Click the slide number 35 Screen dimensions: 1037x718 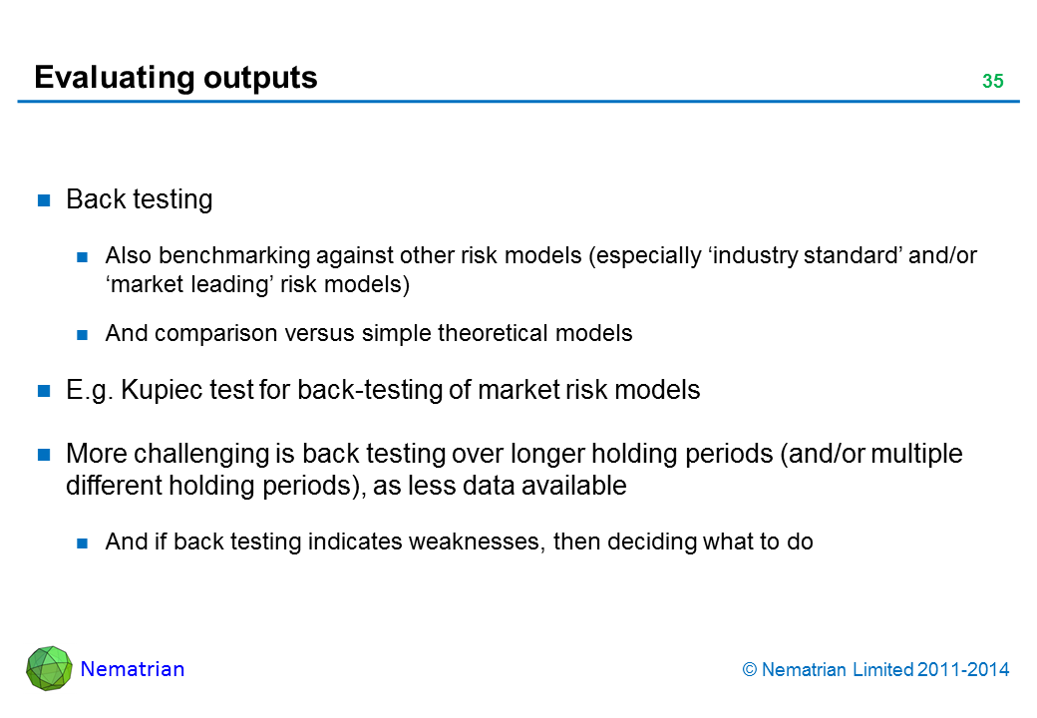[x=993, y=81]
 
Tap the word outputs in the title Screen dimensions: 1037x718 [x=260, y=78]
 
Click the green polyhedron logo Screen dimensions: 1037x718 [x=49, y=668]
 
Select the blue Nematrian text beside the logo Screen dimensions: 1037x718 [x=133, y=669]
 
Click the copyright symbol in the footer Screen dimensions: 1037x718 [x=749, y=670]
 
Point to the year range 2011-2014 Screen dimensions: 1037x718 [x=963, y=670]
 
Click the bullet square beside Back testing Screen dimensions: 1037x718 [x=44, y=200]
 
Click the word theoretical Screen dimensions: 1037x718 [x=494, y=333]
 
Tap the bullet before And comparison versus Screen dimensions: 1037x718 [x=82, y=334]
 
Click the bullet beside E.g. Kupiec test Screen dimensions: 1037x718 [x=44, y=391]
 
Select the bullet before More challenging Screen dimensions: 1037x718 [x=44, y=454]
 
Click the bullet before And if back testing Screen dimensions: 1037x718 [x=82, y=543]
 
